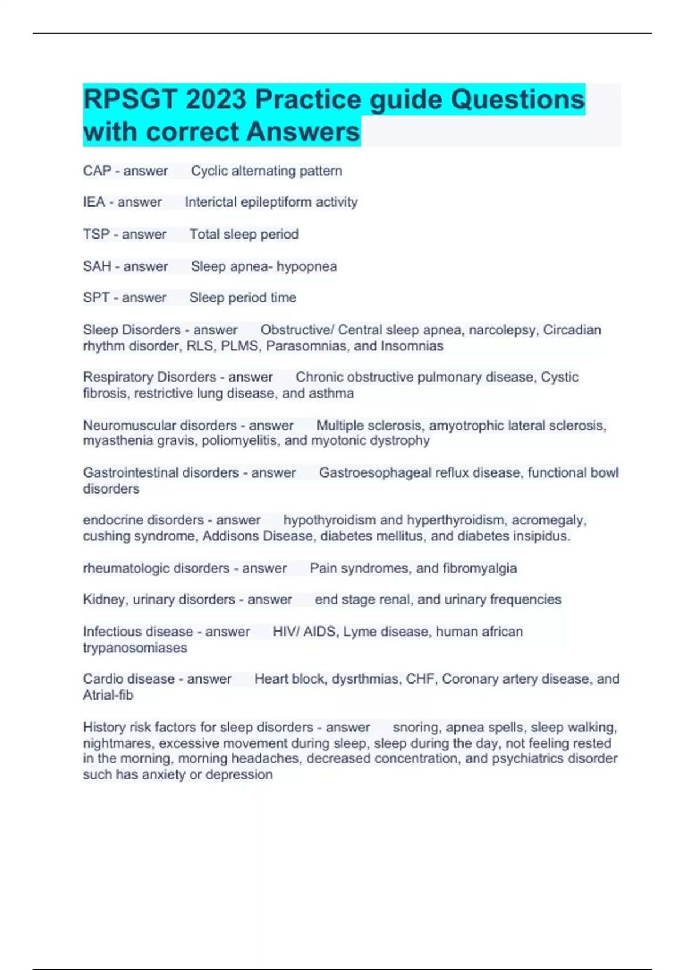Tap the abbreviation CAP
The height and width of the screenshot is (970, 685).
97,171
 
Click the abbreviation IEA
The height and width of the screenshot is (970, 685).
94,202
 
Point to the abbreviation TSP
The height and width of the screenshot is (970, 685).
96,235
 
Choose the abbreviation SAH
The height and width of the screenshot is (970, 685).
97,266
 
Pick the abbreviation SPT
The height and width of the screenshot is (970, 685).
96,298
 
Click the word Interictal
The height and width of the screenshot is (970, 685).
210,202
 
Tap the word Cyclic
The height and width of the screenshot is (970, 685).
209,171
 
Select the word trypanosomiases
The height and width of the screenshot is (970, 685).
135,648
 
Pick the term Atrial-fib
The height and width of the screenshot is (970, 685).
108,696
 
